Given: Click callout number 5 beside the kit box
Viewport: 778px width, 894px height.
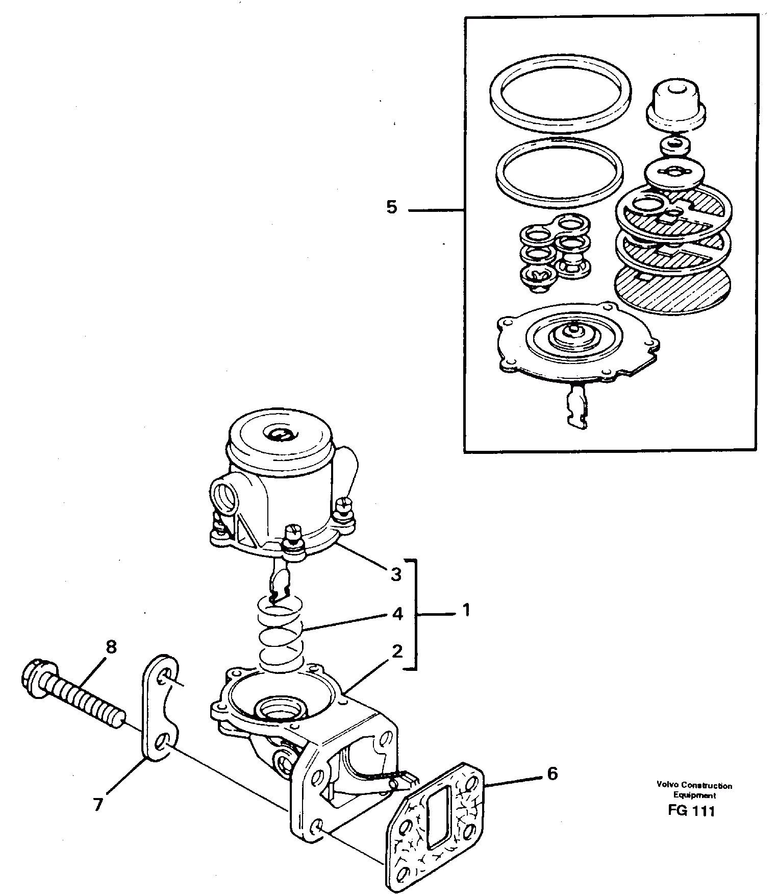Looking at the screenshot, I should [x=391, y=208].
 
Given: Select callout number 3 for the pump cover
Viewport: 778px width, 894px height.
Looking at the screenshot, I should [x=396, y=574].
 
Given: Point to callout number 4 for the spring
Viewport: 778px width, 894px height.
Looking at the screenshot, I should [x=397, y=613].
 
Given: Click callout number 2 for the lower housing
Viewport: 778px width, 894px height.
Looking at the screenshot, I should [x=397, y=652].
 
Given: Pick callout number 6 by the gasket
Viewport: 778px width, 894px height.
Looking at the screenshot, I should [x=552, y=774].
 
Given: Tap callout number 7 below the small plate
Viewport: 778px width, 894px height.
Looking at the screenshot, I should [x=98, y=805].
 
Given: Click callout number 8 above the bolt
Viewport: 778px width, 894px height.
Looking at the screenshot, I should [x=111, y=647].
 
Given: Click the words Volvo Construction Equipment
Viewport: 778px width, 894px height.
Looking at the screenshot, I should [x=694, y=790].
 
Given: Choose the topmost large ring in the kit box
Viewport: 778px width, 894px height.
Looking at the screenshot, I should [x=560, y=95].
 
